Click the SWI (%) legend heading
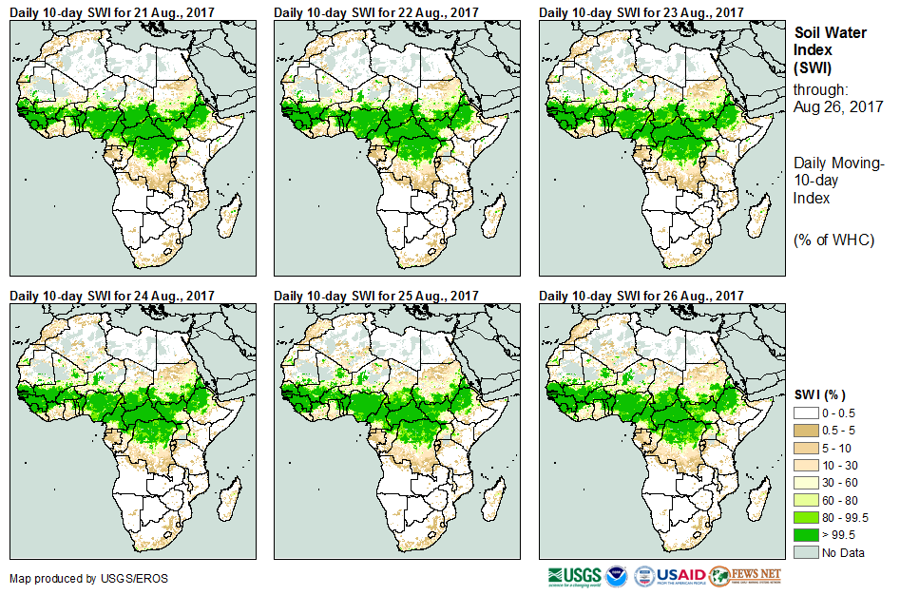coord(819,394)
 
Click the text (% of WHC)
coord(833,240)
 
